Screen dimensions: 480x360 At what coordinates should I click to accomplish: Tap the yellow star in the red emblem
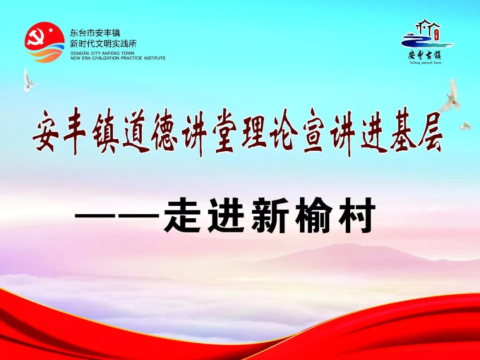click(51, 29)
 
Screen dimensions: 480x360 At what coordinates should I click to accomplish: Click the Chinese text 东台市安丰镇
click(95, 33)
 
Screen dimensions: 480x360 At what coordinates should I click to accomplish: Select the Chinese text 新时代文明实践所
click(103, 44)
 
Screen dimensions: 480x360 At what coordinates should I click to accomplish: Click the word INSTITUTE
click(155, 58)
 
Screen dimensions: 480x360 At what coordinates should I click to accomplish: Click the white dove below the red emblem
click(29, 80)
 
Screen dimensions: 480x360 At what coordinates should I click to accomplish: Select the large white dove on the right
click(450, 96)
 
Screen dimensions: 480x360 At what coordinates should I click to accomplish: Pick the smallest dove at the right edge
click(465, 126)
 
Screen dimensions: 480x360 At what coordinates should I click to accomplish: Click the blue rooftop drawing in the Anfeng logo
click(428, 27)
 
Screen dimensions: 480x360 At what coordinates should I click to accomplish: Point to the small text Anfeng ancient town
click(425, 63)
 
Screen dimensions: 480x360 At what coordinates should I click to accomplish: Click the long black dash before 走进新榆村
click(117, 216)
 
